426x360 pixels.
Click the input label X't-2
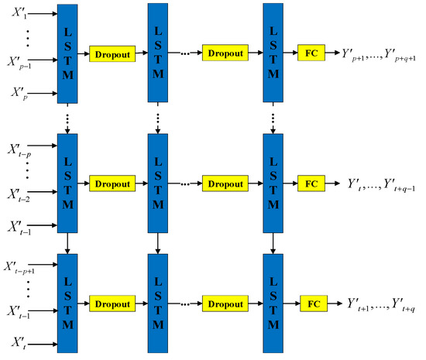(x=20, y=193)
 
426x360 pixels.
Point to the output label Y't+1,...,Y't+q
(x=380, y=304)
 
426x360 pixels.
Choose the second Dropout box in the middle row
(x=225, y=184)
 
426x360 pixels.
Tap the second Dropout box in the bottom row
(x=225, y=303)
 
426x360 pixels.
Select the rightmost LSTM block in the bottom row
(x=272, y=303)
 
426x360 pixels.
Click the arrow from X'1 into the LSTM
(x=45, y=13)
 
